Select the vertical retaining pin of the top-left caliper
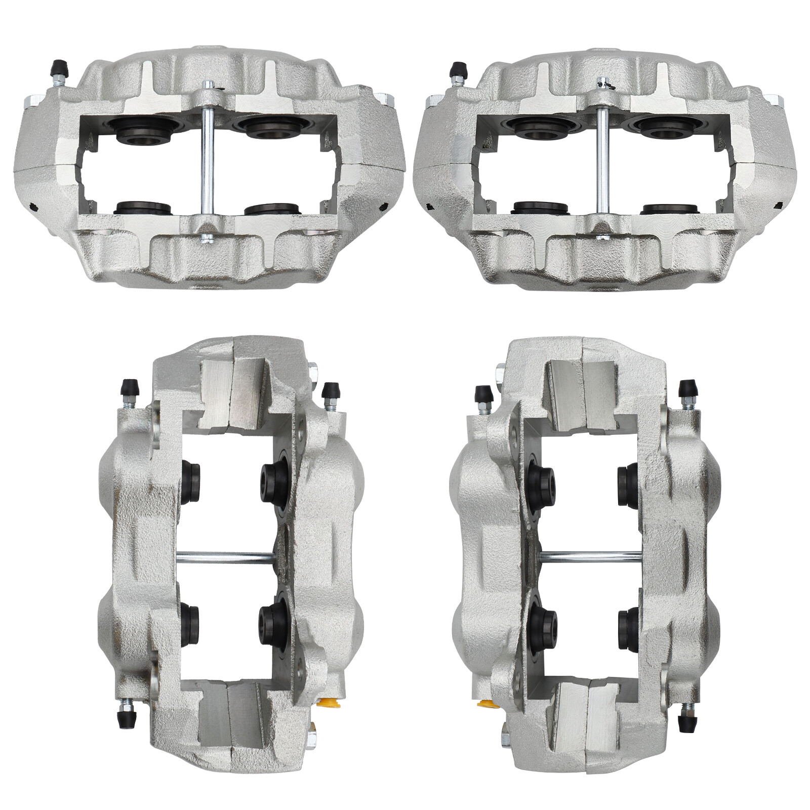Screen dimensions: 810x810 click(x=207, y=162)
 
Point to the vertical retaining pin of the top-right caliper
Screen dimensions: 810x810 click(x=602, y=162)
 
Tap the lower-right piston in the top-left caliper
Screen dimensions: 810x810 click(x=272, y=208)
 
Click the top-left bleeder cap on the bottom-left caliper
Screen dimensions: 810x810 click(x=128, y=389)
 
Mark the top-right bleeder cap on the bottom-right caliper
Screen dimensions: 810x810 click(x=686, y=389)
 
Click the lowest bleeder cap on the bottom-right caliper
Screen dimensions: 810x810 click(x=686, y=721)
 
